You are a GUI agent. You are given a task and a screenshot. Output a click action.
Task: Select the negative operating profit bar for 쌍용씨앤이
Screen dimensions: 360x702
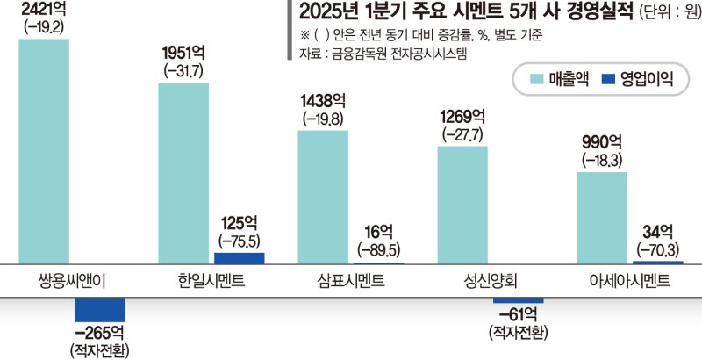(x=99, y=309)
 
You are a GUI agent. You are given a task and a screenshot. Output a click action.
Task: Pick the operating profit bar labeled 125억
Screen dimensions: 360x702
(x=239, y=258)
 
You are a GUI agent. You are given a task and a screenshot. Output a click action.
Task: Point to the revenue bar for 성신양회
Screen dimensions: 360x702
(x=462, y=205)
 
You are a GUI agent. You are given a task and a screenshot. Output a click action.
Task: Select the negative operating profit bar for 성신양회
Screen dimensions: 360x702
(x=519, y=299)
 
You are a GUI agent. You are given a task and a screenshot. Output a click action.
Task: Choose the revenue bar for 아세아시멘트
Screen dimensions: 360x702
(x=602, y=218)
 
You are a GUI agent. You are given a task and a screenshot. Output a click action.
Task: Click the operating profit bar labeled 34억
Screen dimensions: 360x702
(x=658, y=262)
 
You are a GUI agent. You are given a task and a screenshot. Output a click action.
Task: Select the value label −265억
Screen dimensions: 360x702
(x=99, y=333)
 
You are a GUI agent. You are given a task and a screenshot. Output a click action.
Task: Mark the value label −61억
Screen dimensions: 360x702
(x=518, y=314)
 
